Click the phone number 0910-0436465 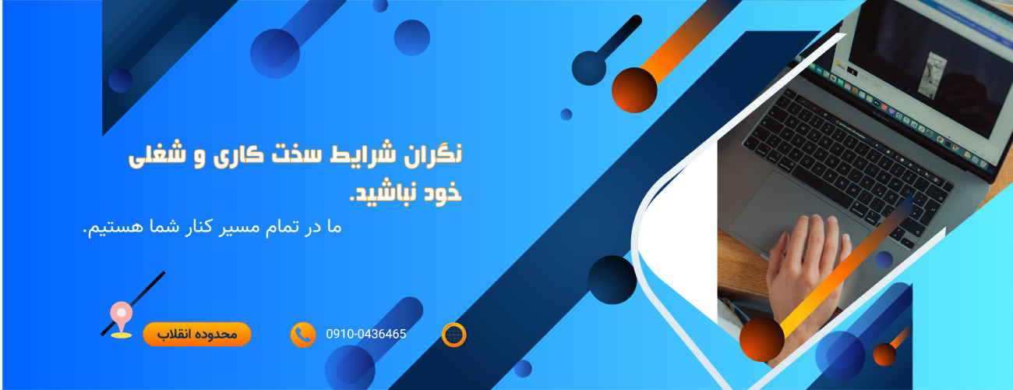click(366, 335)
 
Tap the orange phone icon click(302, 335)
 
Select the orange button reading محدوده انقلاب click(196, 335)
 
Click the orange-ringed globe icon click(454, 335)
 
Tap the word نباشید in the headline click(381, 193)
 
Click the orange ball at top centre click(634, 90)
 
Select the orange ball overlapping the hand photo click(762, 339)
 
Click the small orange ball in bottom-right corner click(884, 354)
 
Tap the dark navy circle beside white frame click(612, 279)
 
